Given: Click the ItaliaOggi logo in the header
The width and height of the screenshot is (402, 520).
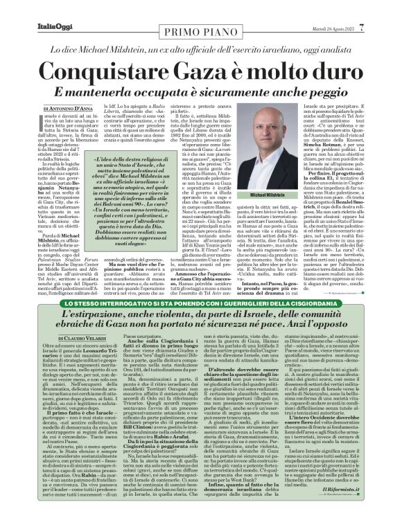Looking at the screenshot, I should (x=35, y=8).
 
